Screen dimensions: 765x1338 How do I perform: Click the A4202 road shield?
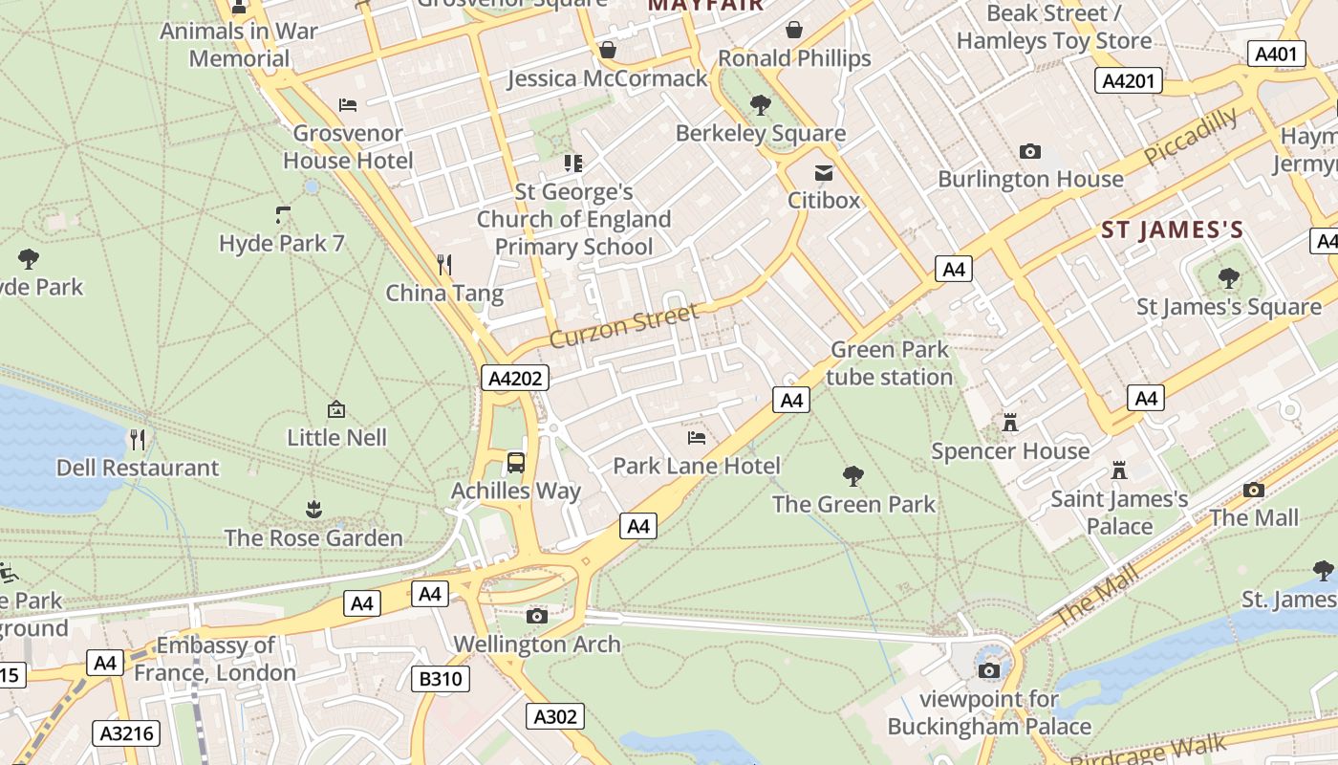click(x=515, y=379)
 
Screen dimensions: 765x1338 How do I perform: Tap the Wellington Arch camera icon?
click(x=537, y=616)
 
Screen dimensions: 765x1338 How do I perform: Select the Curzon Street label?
click(x=624, y=325)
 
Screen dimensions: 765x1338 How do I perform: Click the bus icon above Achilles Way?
click(x=516, y=463)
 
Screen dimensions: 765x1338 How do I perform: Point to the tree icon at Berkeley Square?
click(x=761, y=104)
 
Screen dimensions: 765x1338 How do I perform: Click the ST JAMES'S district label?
click(x=1172, y=230)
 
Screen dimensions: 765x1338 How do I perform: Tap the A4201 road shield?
click(x=1128, y=81)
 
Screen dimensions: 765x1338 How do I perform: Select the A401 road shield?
click(x=1276, y=54)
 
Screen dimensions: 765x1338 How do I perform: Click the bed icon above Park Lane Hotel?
click(x=697, y=438)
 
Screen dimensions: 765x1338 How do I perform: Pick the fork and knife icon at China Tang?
click(x=444, y=264)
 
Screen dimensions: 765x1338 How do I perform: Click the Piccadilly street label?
click(x=1191, y=137)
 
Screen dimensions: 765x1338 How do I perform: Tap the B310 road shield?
click(x=442, y=680)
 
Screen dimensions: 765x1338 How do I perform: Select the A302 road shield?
click(x=554, y=716)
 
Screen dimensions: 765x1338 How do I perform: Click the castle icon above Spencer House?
click(x=1010, y=422)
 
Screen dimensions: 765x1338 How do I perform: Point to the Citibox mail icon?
click(x=823, y=173)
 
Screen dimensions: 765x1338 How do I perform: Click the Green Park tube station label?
click(x=889, y=363)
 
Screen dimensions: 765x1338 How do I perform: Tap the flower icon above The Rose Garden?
click(x=313, y=509)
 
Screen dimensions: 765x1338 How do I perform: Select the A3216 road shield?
click(x=126, y=733)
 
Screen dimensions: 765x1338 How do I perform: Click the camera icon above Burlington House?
click(x=1029, y=151)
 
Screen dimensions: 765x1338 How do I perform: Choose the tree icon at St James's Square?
click(x=1228, y=278)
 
